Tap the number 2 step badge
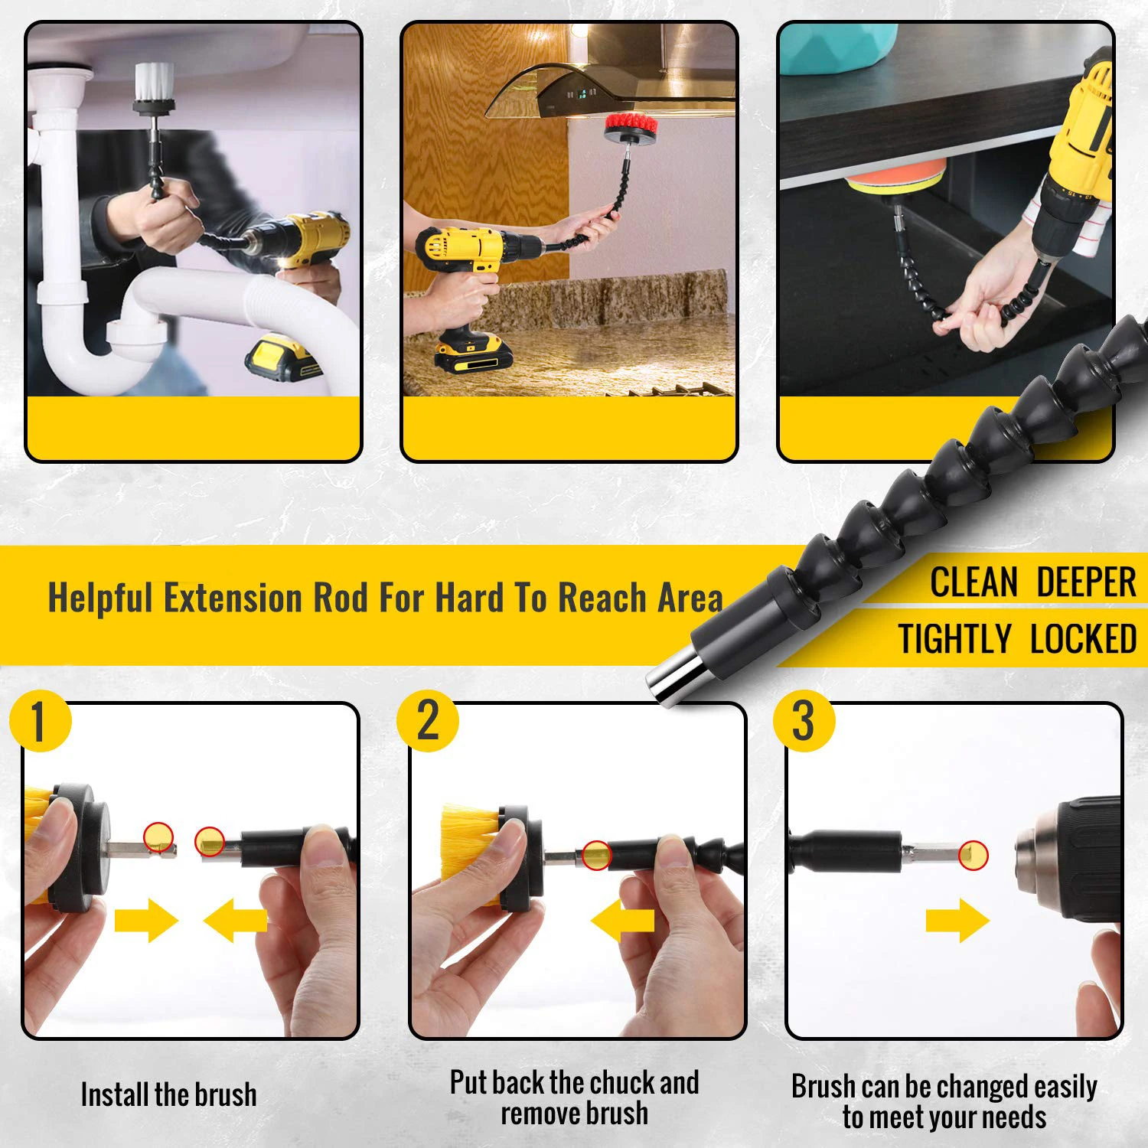(428, 721)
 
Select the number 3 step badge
(804, 721)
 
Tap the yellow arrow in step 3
(957, 920)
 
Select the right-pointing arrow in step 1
(145, 920)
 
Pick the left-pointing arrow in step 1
(235, 920)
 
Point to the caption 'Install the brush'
(168, 1095)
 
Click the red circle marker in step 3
(973, 854)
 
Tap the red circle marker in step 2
(596, 855)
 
